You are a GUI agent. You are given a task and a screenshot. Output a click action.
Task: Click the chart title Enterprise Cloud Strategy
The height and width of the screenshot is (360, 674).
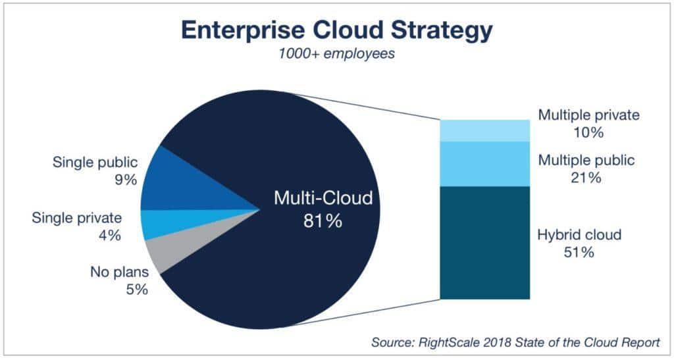[337, 31]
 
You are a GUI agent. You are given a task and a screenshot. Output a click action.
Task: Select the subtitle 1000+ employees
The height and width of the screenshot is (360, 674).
[336, 54]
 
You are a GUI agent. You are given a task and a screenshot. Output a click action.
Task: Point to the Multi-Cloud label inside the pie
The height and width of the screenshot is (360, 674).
[323, 199]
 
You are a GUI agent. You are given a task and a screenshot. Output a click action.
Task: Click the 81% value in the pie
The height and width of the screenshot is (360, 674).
[323, 221]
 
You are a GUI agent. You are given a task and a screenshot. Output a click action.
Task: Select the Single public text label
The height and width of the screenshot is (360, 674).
[95, 163]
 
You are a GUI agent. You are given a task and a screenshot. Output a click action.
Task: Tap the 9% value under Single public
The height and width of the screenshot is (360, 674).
[126, 180]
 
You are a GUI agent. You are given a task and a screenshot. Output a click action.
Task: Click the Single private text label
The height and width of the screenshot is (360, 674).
[76, 219]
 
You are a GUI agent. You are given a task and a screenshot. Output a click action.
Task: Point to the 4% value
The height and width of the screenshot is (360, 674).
[110, 236]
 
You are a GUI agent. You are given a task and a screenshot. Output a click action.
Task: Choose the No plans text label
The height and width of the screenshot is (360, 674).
[120, 272]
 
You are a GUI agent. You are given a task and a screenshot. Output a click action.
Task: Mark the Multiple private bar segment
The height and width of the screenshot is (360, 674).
[485, 130]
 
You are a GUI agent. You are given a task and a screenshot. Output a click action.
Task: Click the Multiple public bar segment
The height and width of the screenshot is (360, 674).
[485, 164]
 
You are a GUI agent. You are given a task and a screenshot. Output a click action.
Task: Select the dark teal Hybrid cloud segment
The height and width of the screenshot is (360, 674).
[485, 243]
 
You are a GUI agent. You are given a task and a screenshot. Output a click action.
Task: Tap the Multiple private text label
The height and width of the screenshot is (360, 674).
[589, 115]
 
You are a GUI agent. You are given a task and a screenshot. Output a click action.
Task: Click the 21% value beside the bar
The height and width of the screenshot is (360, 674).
[586, 178]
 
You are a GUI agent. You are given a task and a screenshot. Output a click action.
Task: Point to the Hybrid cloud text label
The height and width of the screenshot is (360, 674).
[579, 235]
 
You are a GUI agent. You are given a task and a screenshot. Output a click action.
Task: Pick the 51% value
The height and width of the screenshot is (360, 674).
[579, 252]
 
